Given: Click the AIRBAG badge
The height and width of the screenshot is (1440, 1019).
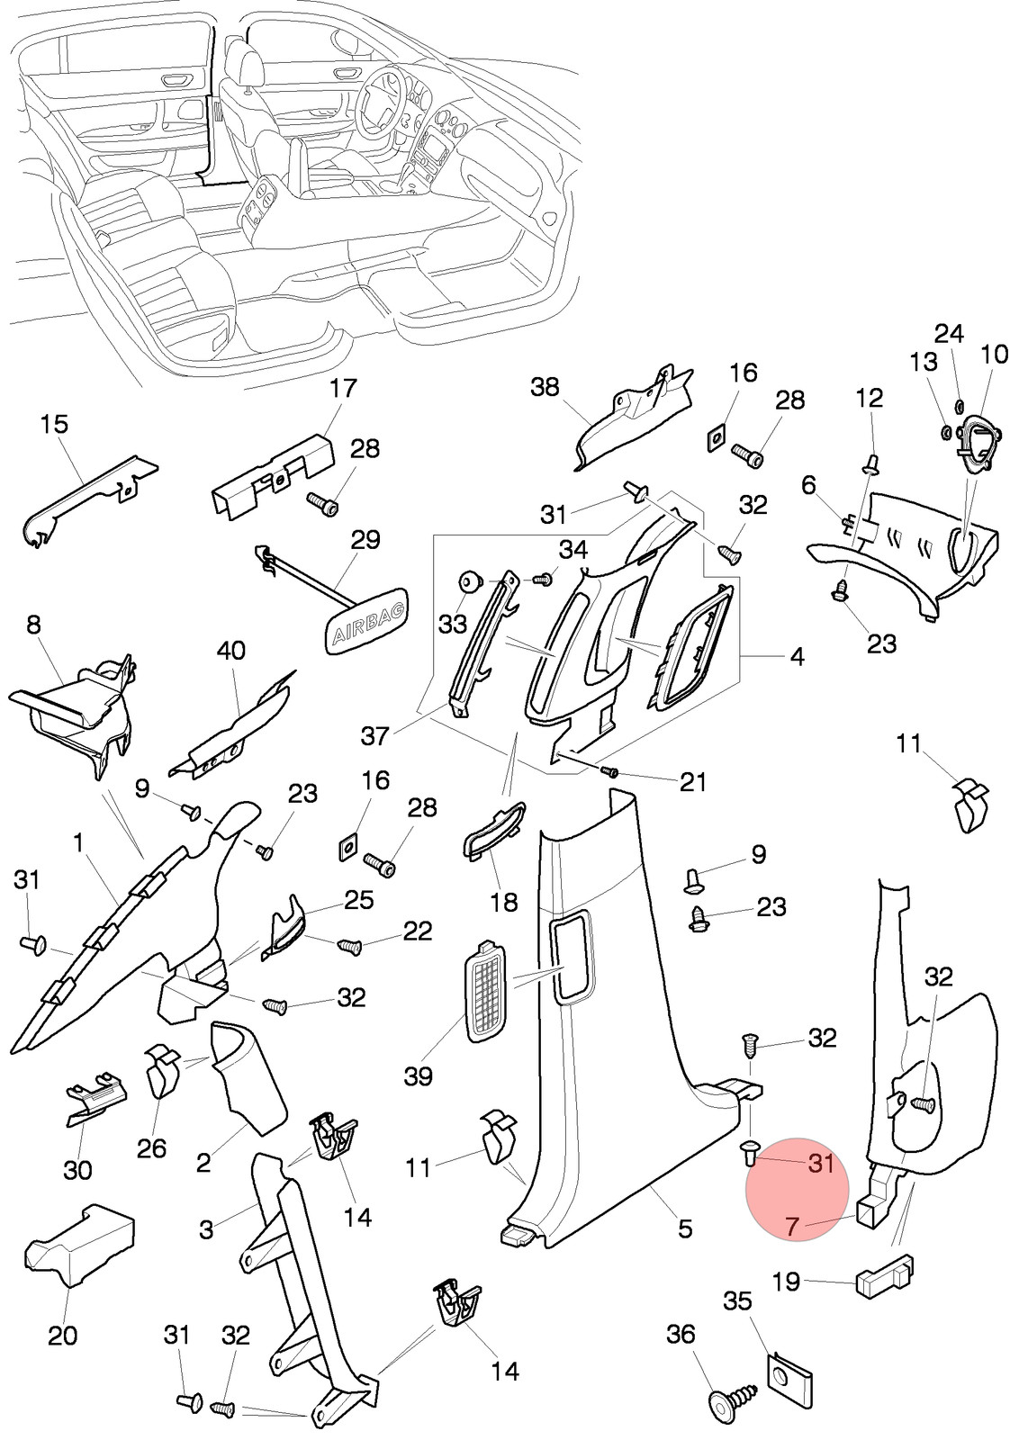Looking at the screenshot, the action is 367,619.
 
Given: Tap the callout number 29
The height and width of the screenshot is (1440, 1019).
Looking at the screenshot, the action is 365,540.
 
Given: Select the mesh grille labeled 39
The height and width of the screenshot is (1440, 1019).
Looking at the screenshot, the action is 485,992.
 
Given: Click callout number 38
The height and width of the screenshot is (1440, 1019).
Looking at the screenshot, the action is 545,387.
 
